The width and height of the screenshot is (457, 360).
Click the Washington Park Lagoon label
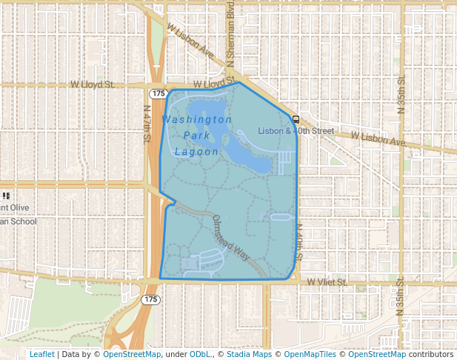[197, 135]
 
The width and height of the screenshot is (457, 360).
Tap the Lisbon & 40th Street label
[296, 131]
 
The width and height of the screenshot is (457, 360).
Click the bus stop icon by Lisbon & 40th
[296, 119]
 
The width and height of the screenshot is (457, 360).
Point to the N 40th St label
[299, 243]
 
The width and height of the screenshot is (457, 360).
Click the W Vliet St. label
[327, 282]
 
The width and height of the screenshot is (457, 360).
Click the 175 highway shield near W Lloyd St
[158, 93]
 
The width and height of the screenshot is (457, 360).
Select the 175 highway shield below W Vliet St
[150, 299]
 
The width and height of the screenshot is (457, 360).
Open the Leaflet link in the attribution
[41, 354]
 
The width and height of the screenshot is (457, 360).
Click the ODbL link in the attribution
[200, 354]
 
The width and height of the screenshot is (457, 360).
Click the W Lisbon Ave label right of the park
[378, 139]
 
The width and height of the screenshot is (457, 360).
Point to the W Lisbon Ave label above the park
[190, 41]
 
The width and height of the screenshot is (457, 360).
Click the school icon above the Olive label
[6, 196]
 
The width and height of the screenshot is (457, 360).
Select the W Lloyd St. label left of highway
[92, 85]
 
